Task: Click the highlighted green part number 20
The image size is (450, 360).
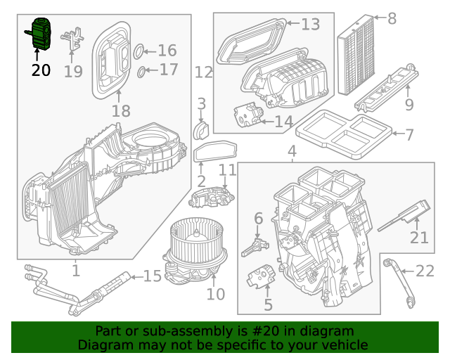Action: click(x=40, y=34)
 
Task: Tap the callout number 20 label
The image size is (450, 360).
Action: click(x=41, y=70)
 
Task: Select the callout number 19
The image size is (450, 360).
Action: click(x=73, y=71)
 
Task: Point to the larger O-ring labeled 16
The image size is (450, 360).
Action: click(x=139, y=51)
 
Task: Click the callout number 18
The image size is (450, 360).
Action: click(x=121, y=110)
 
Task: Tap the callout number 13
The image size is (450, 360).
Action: click(x=310, y=25)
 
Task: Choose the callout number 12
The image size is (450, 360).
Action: click(x=203, y=72)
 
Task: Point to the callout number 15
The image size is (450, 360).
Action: click(x=153, y=276)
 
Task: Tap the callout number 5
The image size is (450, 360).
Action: click(x=268, y=304)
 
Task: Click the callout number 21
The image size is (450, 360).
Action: click(x=419, y=238)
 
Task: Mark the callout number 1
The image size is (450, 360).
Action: click(x=75, y=269)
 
